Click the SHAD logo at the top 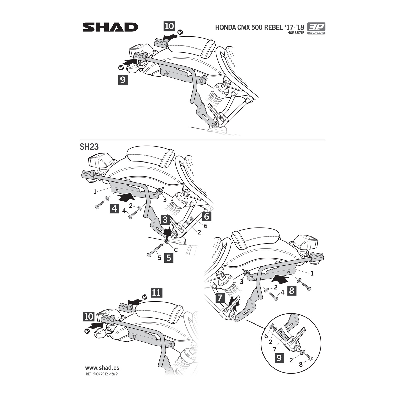click(110, 27)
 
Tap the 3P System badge click(316, 28)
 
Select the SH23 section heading click(89, 147)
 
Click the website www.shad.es click(102, 368)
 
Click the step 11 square click(156, 293)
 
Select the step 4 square click(115, 209)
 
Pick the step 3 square click(165, 219)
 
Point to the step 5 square click(169, 258)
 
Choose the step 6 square click(206, 216)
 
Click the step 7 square click(220, 298)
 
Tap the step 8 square click(292, 291)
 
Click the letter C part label click(176, 250)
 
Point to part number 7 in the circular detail click(275, 349)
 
